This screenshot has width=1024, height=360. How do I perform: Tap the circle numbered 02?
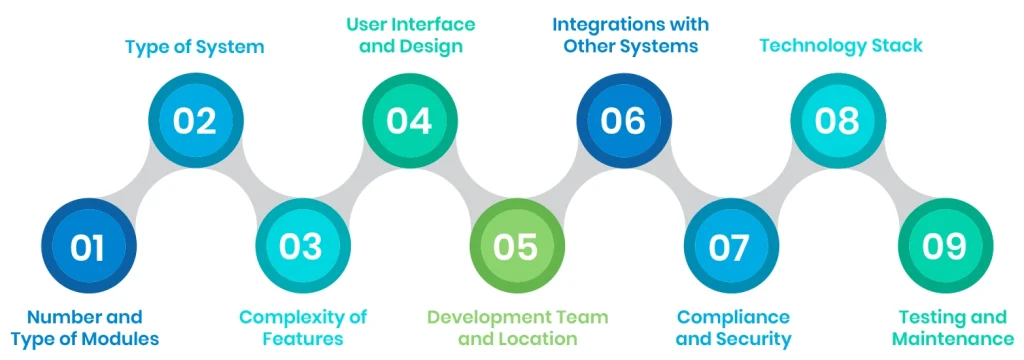(195, 121)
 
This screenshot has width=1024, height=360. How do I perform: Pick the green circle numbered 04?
(409, 121)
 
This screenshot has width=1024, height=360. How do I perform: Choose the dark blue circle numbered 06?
(623, 121)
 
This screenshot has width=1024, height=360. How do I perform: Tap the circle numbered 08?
(838, 121)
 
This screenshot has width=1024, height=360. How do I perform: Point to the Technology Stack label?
(840, 45)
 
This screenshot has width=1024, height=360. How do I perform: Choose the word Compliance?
(732, 317)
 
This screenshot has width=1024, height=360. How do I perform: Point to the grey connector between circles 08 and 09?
(892, 184)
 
